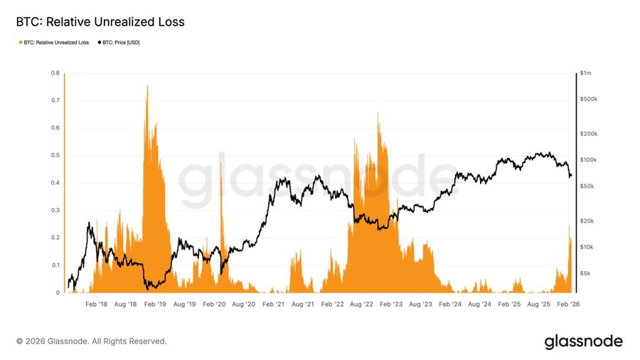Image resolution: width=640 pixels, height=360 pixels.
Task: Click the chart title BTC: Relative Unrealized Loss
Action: point(100,22)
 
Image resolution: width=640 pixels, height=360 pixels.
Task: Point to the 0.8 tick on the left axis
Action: point(55,73)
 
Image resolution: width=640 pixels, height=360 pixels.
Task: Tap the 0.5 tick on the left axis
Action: point(55,155)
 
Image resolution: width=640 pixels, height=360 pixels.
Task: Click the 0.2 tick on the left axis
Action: point(55,238)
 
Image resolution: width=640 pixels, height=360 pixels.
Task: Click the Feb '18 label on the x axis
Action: point(96,304)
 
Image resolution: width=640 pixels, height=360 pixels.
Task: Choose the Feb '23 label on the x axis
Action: point(390,304)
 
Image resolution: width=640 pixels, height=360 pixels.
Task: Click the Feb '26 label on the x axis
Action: point(567,304)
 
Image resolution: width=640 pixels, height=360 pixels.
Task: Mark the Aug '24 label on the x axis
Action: point(479,304)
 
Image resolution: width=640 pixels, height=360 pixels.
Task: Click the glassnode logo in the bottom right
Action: point(583,342)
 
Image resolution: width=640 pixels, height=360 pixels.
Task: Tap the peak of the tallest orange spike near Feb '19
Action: point(147,85)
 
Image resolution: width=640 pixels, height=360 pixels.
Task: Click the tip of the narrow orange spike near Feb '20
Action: point(220,162)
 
